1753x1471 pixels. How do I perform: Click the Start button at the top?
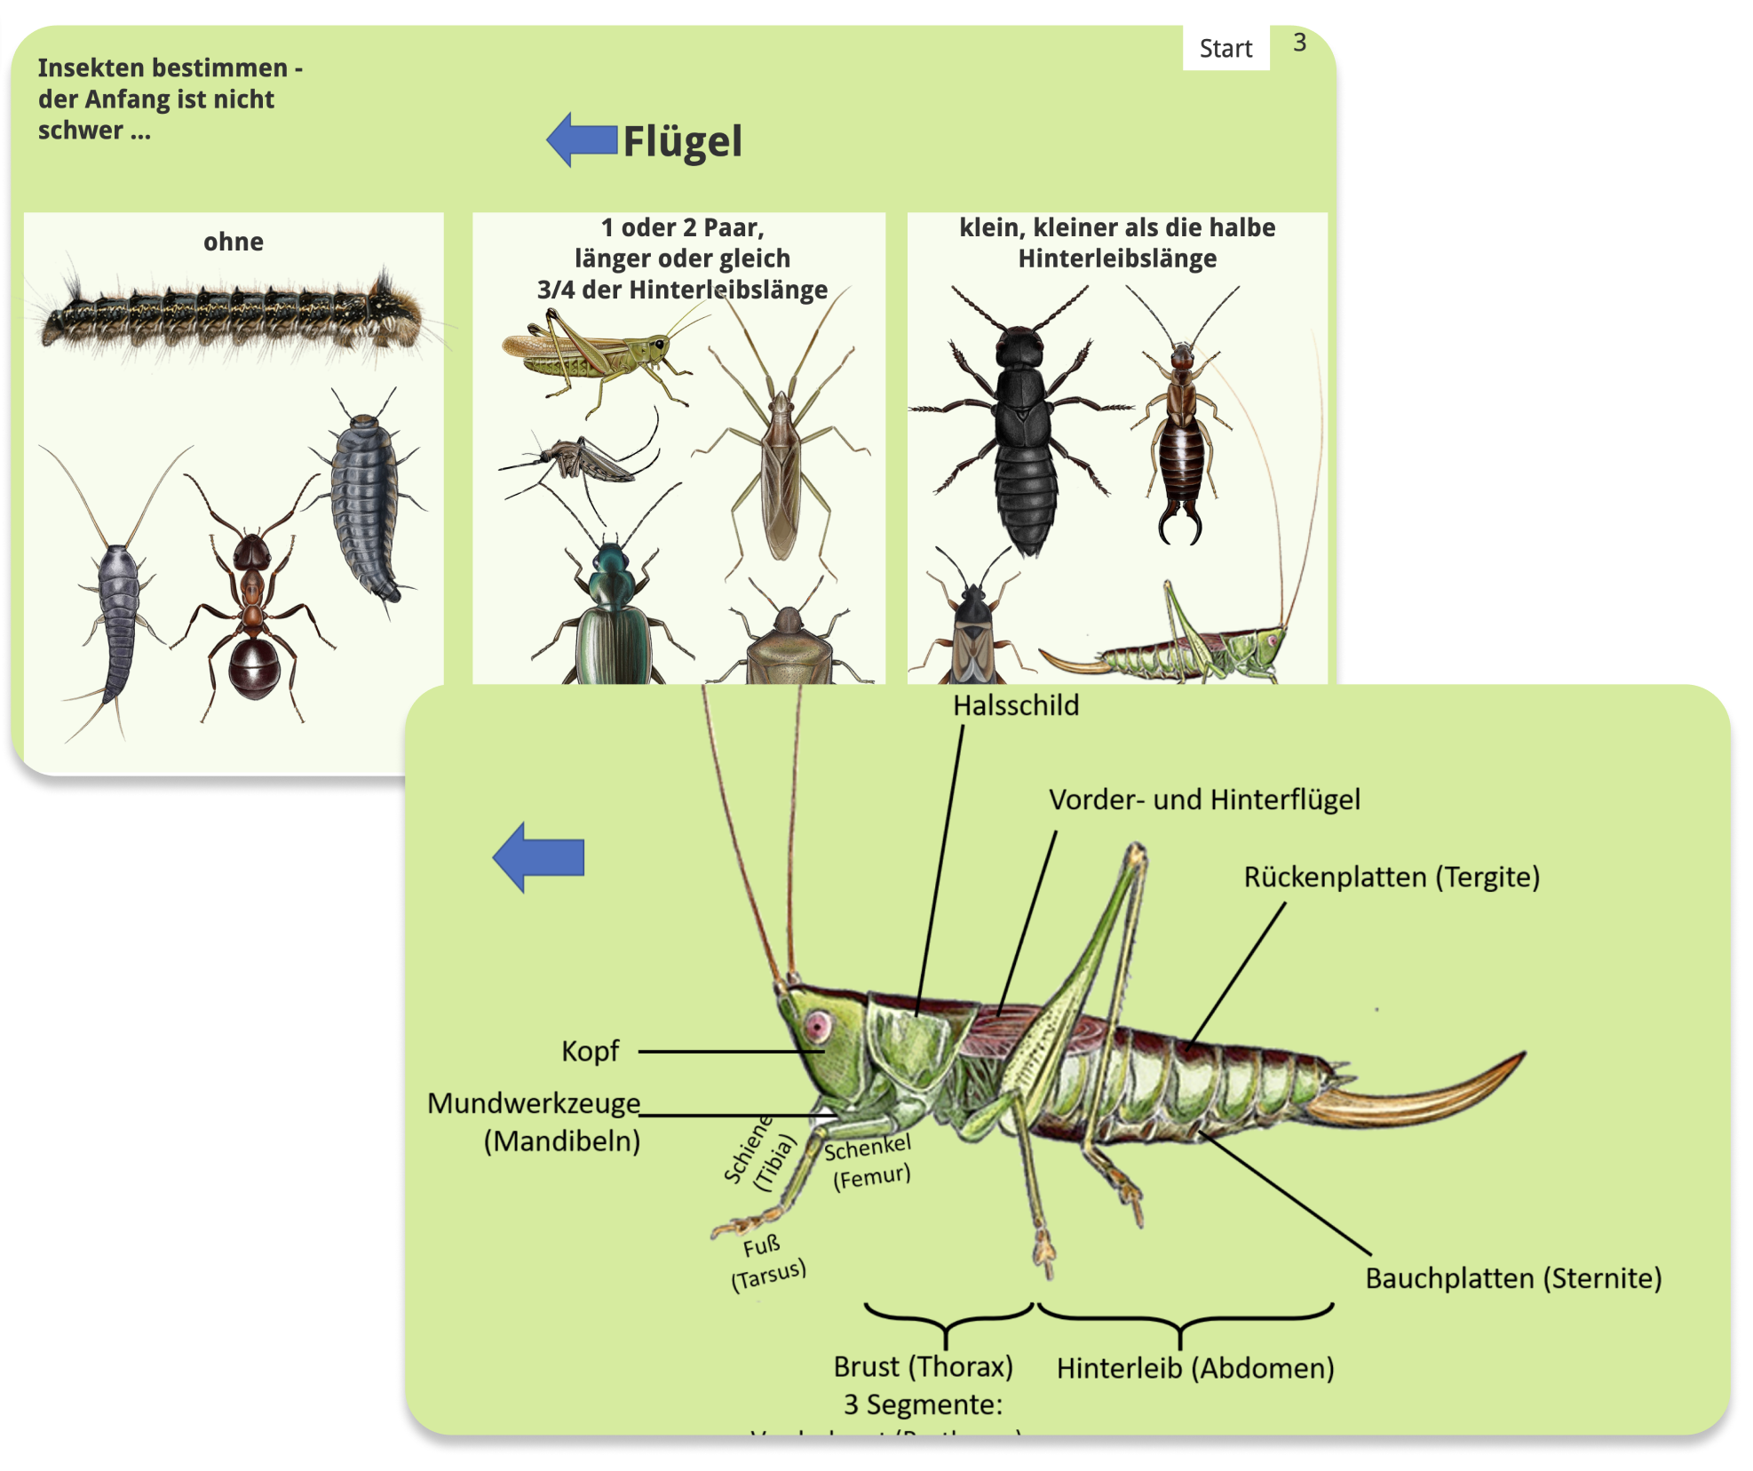(1225, 48)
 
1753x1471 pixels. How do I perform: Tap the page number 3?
(1299, 43)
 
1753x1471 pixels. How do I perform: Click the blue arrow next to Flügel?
(582, 139)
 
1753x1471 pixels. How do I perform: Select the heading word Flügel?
(682, 141)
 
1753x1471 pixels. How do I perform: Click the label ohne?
(233, 242)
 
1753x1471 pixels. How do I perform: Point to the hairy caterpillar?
(231, 315)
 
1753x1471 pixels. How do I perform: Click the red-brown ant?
(253, 604)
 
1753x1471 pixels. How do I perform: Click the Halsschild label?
(1016, 705)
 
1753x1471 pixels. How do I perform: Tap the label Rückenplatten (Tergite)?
(1391, 877)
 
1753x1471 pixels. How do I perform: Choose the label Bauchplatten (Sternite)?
(1512, 1278)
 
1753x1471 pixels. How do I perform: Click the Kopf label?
(590, 1051)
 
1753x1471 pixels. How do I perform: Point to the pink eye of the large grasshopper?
(817, 1027)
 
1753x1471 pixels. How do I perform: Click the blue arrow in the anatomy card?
(539, 856)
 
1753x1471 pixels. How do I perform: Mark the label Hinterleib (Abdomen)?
(1195, 1368)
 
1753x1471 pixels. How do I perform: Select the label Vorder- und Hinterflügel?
(1204, 799)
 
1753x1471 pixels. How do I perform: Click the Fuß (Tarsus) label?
(767, 1261)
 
